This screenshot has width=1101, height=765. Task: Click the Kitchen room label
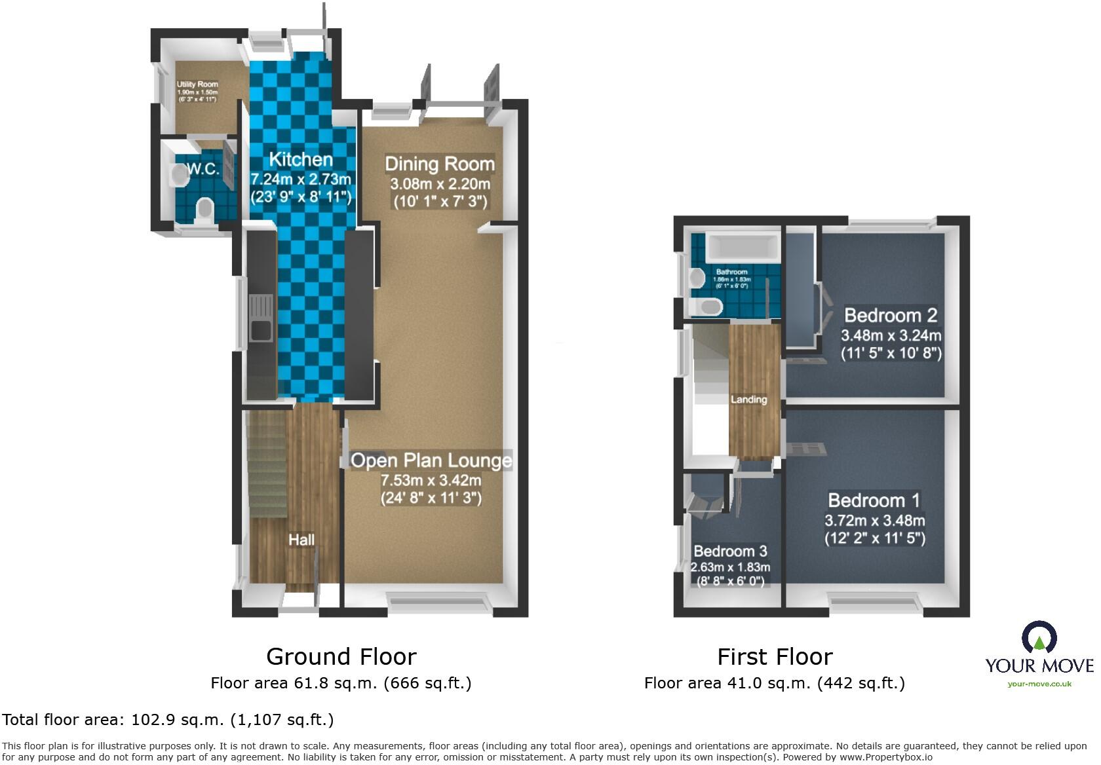coord(300,159)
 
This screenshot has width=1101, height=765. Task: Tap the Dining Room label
coord(439,164)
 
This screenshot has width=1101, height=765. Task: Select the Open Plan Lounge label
coord(431,460)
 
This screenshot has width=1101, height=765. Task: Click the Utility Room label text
coord(197,84)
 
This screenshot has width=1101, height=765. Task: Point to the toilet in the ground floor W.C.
coord(205,211)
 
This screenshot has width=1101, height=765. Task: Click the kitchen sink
coord(261,321)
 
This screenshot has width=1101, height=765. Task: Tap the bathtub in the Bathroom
coord(743,248)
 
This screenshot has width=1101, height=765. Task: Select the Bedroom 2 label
coord(890,316)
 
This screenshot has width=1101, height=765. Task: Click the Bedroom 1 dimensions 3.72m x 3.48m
coord(874,521)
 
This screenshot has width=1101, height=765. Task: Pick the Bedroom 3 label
coord(730,551)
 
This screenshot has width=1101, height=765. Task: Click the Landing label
coord(748,400)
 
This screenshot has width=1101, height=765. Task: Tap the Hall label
coord(301,540)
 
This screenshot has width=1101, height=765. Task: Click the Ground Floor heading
coord(341,656)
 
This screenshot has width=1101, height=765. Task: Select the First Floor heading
coord(775,656)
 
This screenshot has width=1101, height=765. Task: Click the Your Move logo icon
coord(1039,637)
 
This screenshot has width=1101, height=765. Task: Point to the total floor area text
coord(168,720)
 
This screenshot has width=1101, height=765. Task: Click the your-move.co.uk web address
coord(1039,684)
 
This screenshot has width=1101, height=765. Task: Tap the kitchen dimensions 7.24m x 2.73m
coord(301,179)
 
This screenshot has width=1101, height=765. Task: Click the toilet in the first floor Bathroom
coord(706,306)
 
